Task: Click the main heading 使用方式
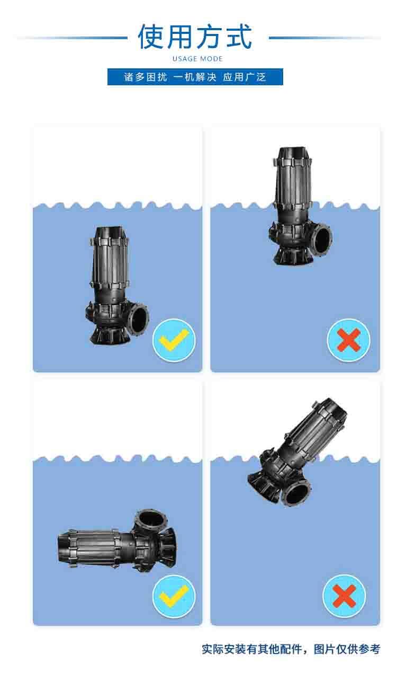tap(195, 37)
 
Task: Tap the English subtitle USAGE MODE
tap(198, 59)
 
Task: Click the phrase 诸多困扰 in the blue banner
tap(146, 77)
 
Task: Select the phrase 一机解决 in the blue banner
tap(195, 77)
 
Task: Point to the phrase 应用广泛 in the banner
tap(245, 77)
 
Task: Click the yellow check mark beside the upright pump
tap(174, 339)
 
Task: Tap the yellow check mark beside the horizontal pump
tap(174, 596)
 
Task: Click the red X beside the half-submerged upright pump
tap(349, 340)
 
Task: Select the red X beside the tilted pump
tap(344, 596)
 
